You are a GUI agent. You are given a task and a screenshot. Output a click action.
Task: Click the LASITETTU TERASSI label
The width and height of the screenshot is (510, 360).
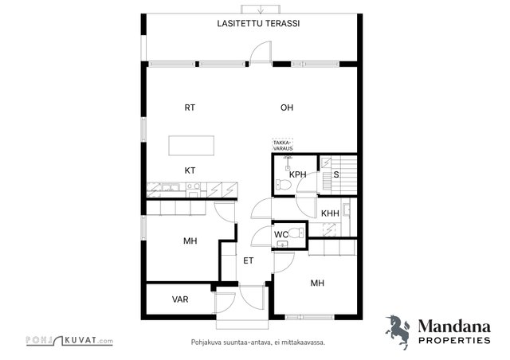click(258, 23)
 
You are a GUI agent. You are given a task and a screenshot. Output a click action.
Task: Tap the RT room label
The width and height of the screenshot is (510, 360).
click(190, 108)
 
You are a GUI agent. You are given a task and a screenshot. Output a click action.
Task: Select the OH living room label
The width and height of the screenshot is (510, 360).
click(287, 108)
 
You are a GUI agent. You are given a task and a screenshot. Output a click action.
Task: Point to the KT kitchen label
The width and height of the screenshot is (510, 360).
click(190, 170)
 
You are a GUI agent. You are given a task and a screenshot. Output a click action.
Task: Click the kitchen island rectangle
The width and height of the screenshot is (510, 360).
click(191, 146)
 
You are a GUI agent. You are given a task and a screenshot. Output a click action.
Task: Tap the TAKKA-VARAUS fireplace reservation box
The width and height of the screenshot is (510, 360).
click(283, 146)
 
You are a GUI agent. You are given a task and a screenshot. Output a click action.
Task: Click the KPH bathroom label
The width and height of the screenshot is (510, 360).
click(298, 174)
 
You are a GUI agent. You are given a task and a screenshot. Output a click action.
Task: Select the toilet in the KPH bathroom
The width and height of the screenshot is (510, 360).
click(282, 185)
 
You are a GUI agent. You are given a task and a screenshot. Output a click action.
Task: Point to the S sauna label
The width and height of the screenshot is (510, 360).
click(336, 174)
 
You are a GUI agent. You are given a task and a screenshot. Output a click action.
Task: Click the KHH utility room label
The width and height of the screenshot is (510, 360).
click(330, 213)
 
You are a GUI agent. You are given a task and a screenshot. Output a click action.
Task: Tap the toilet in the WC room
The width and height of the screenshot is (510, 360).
click(297, 233)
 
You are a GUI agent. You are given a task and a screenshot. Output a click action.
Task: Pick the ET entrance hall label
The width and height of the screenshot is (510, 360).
click(248, 260)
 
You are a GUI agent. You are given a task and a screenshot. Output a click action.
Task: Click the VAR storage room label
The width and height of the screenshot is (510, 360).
click(180, 299)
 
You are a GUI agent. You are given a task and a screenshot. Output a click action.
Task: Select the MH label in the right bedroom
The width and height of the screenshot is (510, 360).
click(317, 284)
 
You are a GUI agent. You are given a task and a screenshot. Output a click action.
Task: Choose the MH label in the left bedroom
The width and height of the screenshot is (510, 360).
click(190, 241)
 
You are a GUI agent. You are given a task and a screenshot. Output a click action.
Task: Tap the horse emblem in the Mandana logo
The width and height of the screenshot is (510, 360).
click(398, 331)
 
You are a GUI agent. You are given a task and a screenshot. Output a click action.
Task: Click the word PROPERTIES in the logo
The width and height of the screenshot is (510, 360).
click(454, 341)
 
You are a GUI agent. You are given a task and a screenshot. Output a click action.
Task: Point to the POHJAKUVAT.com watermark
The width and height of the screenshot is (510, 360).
click(69, 341)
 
